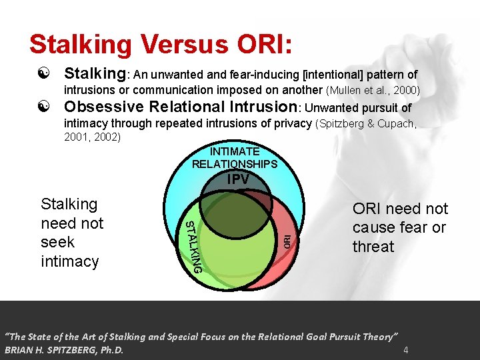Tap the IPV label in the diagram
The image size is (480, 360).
coord(238,179)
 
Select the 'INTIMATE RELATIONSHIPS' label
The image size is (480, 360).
coord(234,158)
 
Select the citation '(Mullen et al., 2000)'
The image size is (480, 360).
coord(373,90)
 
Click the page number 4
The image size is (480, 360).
coord(405,349)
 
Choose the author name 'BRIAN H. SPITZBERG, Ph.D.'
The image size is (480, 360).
coord(65,349)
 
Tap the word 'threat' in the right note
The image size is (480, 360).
coord(373,246)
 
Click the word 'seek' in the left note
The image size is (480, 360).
coord(57,242)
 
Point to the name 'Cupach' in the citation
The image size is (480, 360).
coord(396,123)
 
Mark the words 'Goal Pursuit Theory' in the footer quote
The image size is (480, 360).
coord(350,336)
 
